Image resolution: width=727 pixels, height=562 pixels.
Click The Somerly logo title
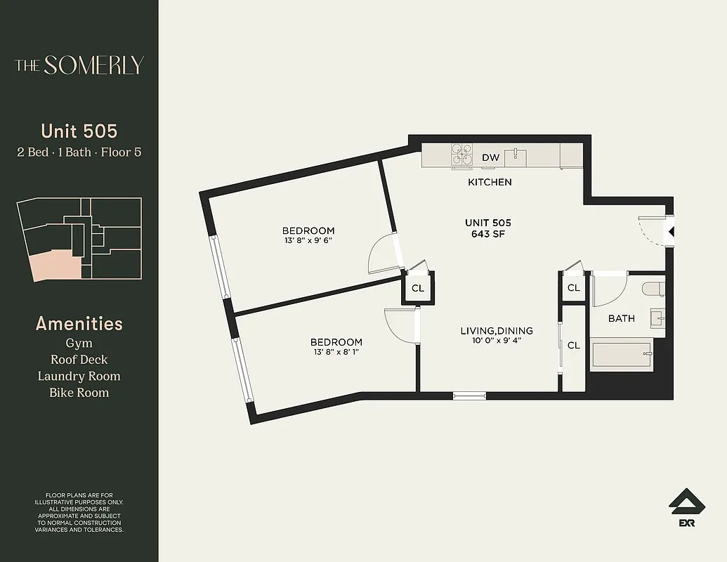pyautogui.click(x=79, y=65)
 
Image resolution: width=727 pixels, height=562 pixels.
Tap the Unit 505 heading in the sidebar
pyautogui.click(x=79, y=131)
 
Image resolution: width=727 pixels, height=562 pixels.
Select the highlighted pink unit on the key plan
pyautogui.click(x=50, y=264)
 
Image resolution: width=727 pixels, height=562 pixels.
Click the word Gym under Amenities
pyautogui.click(x=79, y=343)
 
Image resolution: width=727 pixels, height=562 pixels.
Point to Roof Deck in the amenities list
pyautogui.click(x=79, y=360)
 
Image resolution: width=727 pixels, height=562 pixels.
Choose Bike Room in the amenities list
pyautogui.click(x=79, y=393)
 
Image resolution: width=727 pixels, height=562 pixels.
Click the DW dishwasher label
pyautogui.click(x=490, y=157)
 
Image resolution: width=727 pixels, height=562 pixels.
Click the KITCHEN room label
pyautogui.click(x=490, y=182)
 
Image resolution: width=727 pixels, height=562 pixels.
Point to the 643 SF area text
pyautogui.click(x=490, y=234)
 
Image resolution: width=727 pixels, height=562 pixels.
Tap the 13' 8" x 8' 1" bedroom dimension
pyautogui.click(x=336, y=353)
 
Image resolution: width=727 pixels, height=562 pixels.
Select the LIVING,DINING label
pyautogui.click(x=496, y=331)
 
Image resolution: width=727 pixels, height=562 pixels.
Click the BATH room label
pyautogui.click(x=621, y=318)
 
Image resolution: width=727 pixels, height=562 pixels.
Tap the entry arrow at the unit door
pyautogui.click(x=670, y=231)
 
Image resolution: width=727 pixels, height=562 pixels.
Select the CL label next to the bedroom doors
pyautogui.click(x=418, y=288)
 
